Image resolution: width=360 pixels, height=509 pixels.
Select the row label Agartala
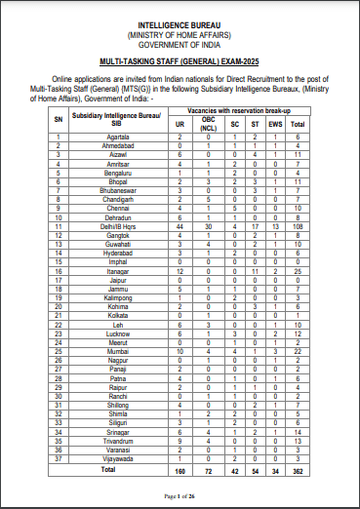pyautogui.click(x=120, y=136)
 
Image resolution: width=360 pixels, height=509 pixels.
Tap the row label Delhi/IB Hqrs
pyautogui.click(x=120, y=226)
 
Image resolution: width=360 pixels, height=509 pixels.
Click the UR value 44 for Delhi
pyautogui.click(x=208, y=226)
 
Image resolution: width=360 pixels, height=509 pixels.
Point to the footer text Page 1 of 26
pyautogui.click(x=180, y=497)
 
